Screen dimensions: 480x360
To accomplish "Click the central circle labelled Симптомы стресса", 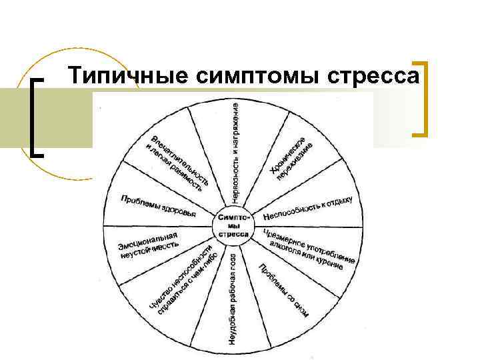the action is [233, 224].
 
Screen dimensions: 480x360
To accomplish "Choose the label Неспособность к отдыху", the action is [307, 209].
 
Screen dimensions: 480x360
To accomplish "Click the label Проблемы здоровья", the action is [158, 205].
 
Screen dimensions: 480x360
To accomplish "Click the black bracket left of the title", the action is [37, 117].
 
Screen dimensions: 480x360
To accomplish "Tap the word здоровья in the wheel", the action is [180, 211].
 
